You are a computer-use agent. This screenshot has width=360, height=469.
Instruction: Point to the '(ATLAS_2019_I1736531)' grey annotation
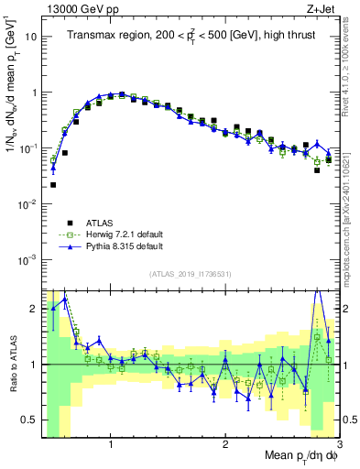coord(190,274)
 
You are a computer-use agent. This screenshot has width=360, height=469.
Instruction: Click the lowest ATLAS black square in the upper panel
coord(53,184)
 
